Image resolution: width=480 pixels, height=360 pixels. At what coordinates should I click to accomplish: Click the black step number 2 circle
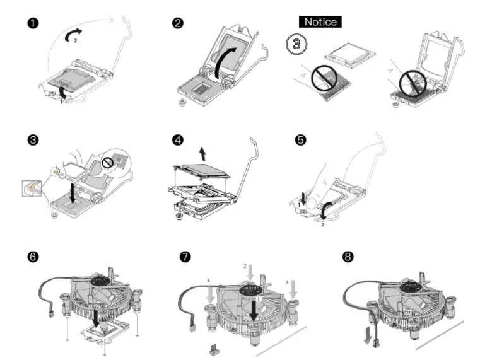click(178, 24)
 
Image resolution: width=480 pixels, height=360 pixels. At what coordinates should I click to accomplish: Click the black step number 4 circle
click(178, 139)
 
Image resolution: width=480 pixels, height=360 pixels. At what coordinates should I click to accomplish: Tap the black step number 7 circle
click(184, 257)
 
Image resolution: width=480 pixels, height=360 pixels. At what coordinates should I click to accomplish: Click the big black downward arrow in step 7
click(254, 308)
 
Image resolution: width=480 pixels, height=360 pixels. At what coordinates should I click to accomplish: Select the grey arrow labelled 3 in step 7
click(293, 289)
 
